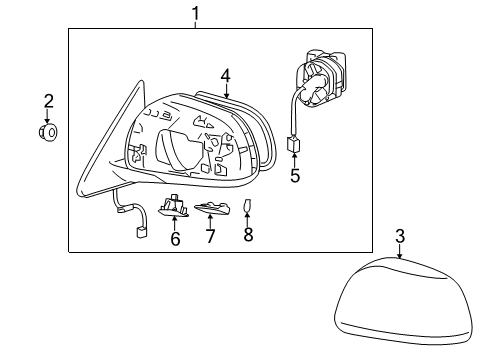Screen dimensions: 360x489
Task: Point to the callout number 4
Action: (226, 74)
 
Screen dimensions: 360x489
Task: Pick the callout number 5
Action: (295, 177)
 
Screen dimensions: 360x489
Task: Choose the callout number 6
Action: (175, 238)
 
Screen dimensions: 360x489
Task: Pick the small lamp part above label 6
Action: (176, 206)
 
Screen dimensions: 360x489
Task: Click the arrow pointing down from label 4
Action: (226, 92)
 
